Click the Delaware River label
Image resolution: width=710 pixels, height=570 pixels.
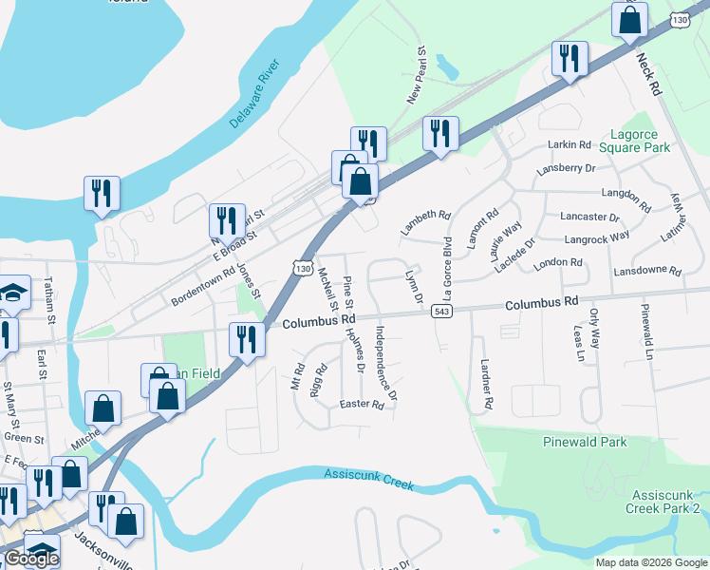[255, 95]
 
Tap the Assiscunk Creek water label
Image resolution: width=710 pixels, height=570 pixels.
[369, 478]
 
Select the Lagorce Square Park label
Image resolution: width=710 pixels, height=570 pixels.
[640, 141]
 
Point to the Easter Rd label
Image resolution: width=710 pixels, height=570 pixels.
[362, 405]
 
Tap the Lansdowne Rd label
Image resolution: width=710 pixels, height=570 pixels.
[648, 271]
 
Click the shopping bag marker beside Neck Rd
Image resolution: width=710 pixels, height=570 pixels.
[629, 20]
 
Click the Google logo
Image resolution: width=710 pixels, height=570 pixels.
[31, 559]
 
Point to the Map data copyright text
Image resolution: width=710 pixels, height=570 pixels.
[650, 562]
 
